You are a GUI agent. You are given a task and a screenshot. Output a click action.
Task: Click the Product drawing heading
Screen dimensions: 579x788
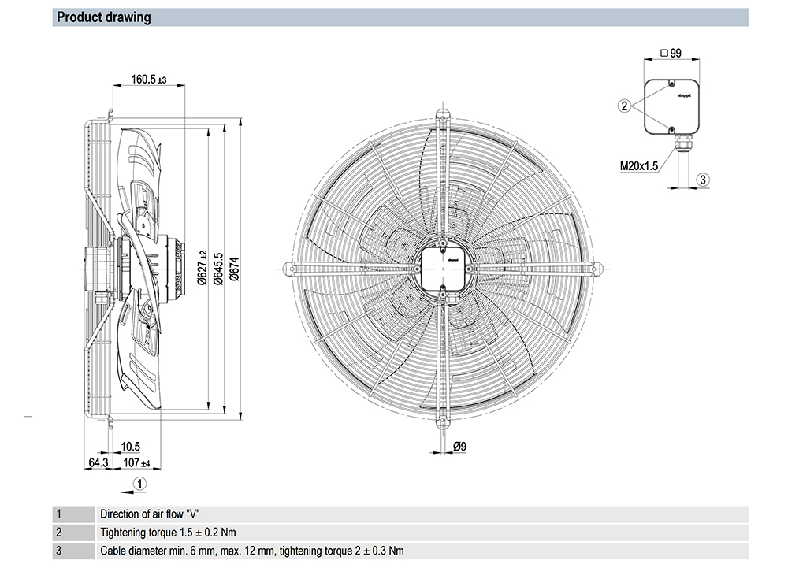coord(104,17)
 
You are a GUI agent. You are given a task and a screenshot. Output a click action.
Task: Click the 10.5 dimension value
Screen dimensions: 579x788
coord(131,447)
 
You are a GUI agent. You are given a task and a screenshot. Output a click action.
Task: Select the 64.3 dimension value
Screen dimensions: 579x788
coord(98,462)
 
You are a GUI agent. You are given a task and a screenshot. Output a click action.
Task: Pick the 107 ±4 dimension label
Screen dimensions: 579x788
coord(136,462)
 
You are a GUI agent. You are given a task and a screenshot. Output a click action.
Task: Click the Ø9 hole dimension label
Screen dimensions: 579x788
coord(460,447)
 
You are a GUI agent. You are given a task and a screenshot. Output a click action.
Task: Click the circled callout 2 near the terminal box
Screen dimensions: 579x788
coord(624,106)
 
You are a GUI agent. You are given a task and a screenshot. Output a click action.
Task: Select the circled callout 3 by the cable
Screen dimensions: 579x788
coord(704,180)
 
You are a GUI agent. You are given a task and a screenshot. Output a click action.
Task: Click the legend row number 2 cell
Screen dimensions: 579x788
coord(58,532)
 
